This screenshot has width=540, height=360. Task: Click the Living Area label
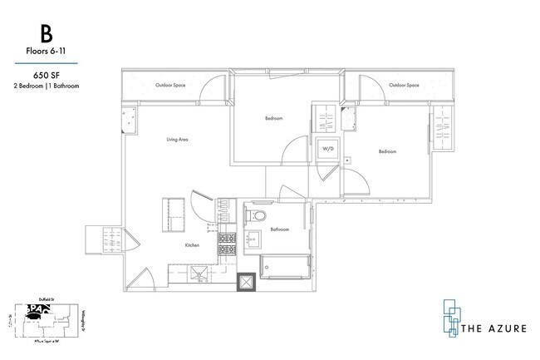point(177,140)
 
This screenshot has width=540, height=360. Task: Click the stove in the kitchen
point(225,244)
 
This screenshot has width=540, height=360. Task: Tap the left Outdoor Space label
point(169,86)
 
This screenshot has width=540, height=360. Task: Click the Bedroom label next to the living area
point(274,119)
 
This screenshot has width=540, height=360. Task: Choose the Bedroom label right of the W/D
point(387,151)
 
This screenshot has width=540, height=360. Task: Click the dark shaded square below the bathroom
point(248,283)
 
